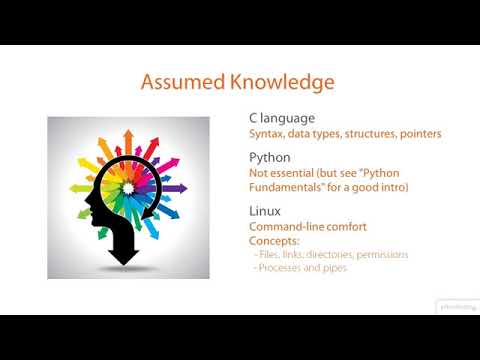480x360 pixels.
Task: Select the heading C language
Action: click(283, 118)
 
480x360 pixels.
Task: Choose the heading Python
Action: click(270, 157)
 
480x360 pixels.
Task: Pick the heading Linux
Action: click(265, 211)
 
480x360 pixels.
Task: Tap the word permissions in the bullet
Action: click(378, 255)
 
